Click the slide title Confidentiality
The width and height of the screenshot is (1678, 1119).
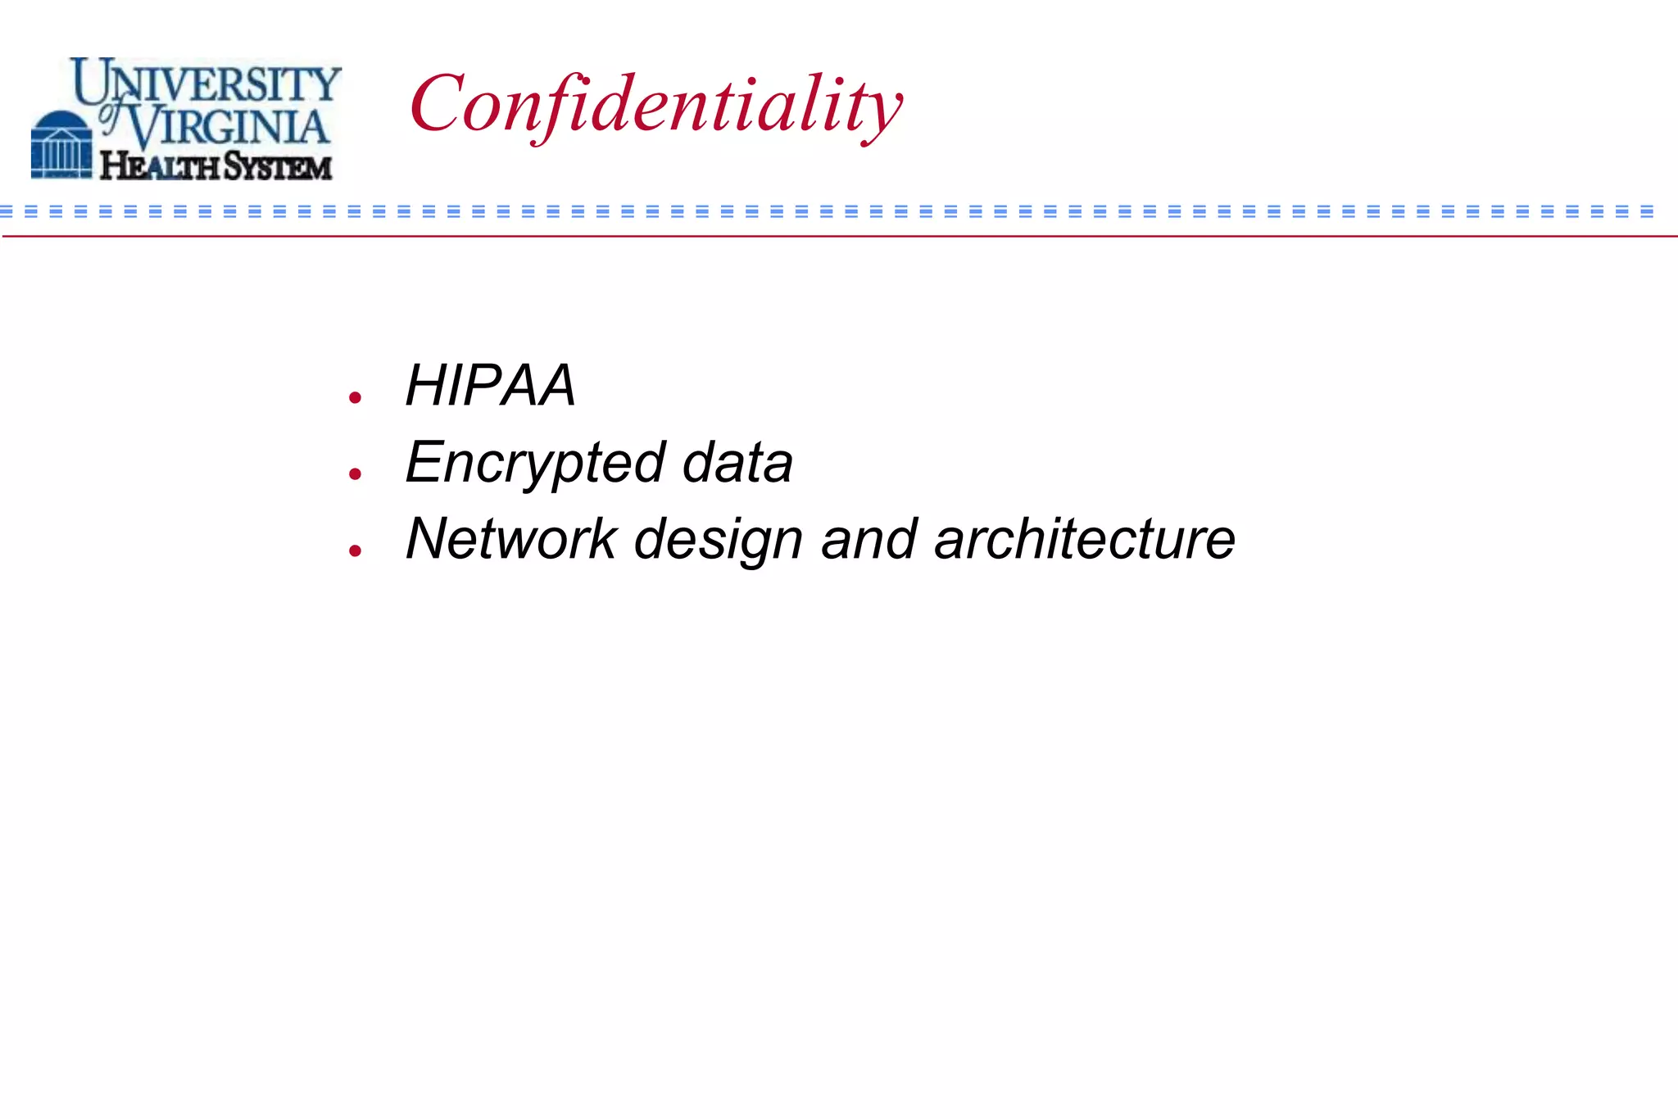655,105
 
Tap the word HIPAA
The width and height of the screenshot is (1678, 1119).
490,385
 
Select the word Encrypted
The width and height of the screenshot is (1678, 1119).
535,463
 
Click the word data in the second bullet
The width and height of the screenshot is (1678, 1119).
737,463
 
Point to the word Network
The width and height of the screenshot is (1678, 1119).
511,539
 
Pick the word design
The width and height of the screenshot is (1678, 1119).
718,541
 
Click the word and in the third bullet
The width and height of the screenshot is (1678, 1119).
868,539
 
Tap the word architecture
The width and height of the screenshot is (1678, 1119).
1084,539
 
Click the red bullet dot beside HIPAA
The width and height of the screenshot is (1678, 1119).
355,398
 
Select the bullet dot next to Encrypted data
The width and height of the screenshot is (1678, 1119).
355,473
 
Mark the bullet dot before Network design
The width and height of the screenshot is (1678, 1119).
355,550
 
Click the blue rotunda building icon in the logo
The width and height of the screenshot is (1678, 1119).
61,144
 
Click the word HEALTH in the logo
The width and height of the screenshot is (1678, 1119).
159,166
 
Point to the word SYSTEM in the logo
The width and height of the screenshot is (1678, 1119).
278,166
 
